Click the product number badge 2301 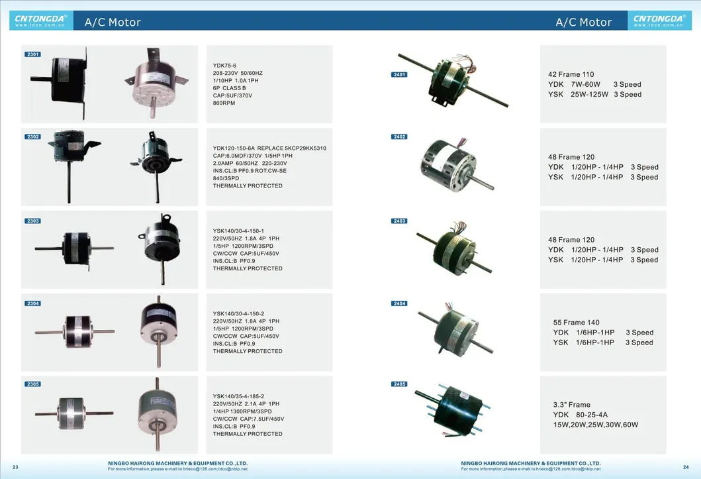(32, 54)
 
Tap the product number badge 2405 (399, 384)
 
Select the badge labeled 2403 (399, 221)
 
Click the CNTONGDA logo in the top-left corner (40, 21)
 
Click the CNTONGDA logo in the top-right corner (659, 21)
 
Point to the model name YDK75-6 (224, 66)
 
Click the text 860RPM (224, 103)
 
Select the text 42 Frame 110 (571, 74)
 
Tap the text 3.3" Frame (571, 405)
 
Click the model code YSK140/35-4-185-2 (238, 396)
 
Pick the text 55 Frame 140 (576, 323)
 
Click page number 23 (15, 467)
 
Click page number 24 (686, 467)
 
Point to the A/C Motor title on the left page (113, 22)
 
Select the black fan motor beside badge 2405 (452, 409)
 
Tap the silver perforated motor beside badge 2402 (455, 165)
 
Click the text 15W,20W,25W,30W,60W (596, 425)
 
